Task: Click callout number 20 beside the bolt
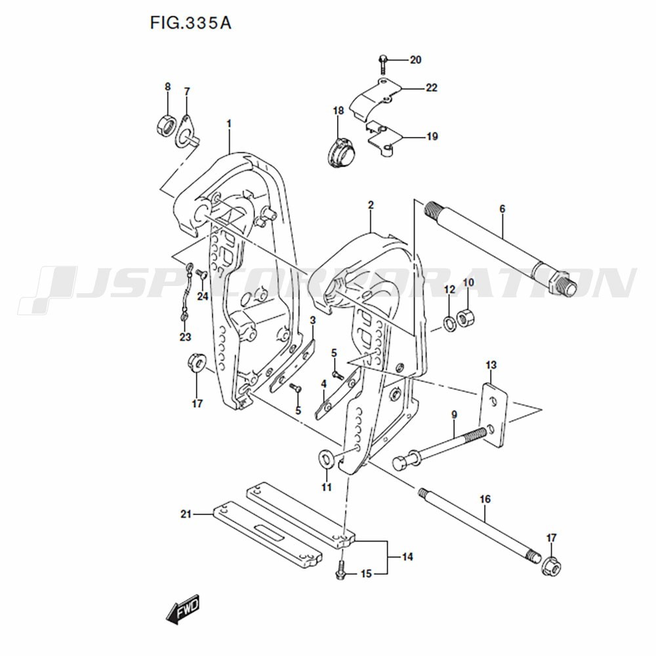[x=415, y=60]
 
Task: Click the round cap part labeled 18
[x=340, y=154]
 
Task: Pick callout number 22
[x=431, y=88]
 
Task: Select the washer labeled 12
[x=449, y=323]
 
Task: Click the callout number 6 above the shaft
[x=502, y=209]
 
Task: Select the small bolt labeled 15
[x=340, y=571]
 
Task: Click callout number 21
[x=186, y=515]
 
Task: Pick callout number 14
[x=407, y=558]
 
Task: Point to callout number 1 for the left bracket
[x=229, y=123]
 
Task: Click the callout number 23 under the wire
[x=186, y=337]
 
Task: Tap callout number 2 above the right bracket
[x=371, y=205]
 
